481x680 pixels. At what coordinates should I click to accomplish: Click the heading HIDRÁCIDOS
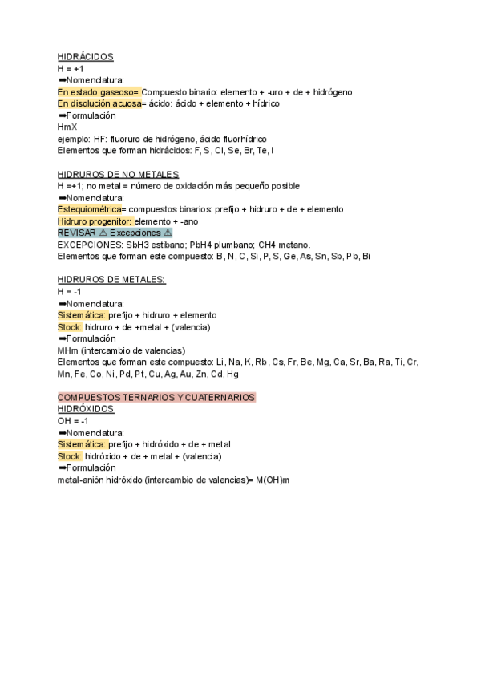[86, 57]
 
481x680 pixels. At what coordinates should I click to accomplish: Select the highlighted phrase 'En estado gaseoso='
[99, 92]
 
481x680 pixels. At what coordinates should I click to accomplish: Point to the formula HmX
[67, 127]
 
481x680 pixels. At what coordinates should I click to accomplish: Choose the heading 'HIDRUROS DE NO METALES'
[118, 174]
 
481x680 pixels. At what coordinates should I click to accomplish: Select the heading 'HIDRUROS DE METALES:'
[111, 280]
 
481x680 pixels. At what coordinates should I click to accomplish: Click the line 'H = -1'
[70, 292]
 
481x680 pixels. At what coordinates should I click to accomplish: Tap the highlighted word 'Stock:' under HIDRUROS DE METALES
[70, 327]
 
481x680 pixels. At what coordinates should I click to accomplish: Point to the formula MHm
[68, 350]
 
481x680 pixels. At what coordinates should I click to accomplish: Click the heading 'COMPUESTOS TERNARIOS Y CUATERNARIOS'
[156, 398]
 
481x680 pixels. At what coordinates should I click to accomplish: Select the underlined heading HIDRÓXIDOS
[86, 409]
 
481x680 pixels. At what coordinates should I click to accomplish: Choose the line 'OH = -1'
[73, 421]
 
